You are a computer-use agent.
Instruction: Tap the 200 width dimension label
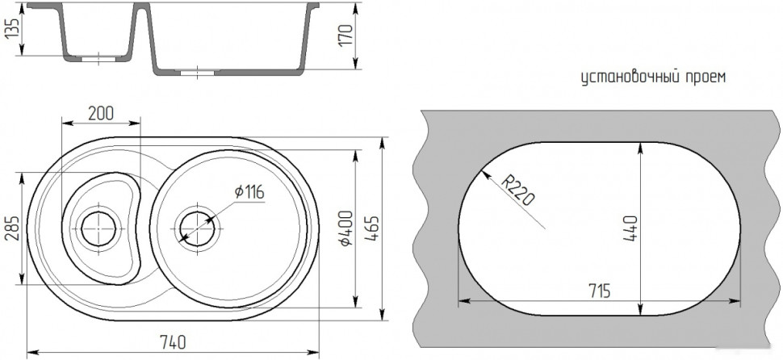(x=101, y=114)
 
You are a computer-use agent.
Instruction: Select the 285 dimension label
(x=12, y=229)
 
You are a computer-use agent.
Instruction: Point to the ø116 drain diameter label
(x=249, y=192)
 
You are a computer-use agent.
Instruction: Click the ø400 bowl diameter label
(x=345, y=228)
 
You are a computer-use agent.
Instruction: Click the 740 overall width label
(x=173, y=342)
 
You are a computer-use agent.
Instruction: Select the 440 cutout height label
(x=630, y=228)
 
